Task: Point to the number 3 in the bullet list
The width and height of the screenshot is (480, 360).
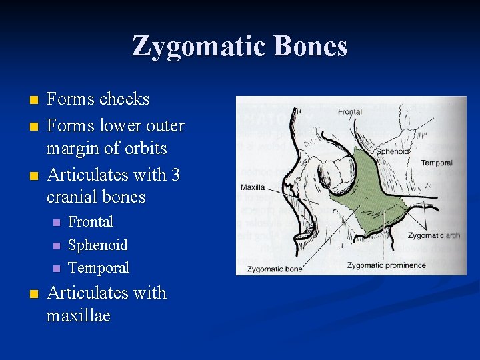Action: (175, 175)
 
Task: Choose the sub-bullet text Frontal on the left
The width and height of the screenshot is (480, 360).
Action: (91, 222)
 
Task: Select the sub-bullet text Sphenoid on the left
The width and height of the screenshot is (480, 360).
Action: (98, 245)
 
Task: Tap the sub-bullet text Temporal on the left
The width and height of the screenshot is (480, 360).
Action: (99, 267)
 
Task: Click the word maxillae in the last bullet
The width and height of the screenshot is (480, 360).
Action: (78, 315)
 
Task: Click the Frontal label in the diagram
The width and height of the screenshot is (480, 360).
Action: (350, 111)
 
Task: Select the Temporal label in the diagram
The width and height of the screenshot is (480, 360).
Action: (437, 163)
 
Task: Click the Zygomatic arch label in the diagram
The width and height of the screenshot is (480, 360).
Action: (433, 235)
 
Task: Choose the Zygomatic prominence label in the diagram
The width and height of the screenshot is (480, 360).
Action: (386, 265)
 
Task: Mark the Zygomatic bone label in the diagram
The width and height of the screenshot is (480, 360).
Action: (274, 269)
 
